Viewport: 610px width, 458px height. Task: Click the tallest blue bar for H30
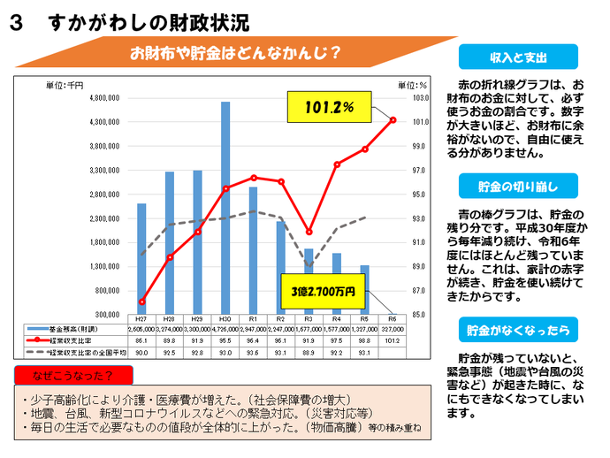225,208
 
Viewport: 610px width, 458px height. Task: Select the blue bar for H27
141,258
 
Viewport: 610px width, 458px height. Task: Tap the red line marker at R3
309,232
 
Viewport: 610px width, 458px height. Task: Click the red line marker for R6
393,120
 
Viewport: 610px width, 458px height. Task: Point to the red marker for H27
141,302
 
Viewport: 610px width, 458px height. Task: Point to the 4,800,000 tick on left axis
115,98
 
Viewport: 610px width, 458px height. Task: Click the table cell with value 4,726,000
225,328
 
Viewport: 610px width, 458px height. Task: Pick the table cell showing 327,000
393,328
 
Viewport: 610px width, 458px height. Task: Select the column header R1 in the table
253,318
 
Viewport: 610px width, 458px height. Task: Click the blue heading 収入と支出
518,57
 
